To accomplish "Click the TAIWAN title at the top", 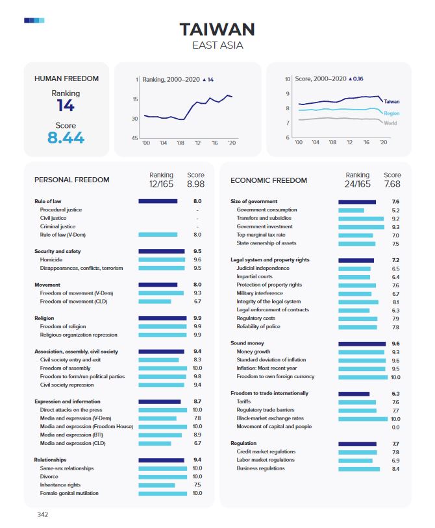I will [x=217, y=29].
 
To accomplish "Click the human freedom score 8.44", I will [x=66, y=138].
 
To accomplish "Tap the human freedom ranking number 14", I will [x=66, y=106].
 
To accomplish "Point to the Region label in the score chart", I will [x=391, y=113].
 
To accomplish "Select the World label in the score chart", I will [x=390, y=123].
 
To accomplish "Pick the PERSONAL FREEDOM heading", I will [x=71, y=180].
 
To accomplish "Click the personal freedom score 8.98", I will [x=195, y=185].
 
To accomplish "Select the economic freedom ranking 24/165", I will [x=358, y=185].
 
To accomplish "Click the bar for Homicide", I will [x=162, y=259].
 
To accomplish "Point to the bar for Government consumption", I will [x=351, y=210].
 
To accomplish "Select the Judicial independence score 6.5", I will [x=395, y=268].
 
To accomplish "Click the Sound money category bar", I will [x=362, y=343].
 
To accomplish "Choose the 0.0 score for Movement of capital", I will [x=395, y=427].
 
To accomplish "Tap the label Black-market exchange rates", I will [x=270, y=418].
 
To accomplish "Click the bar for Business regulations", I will [x=359, y=468].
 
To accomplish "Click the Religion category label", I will [x=45, y=318].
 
